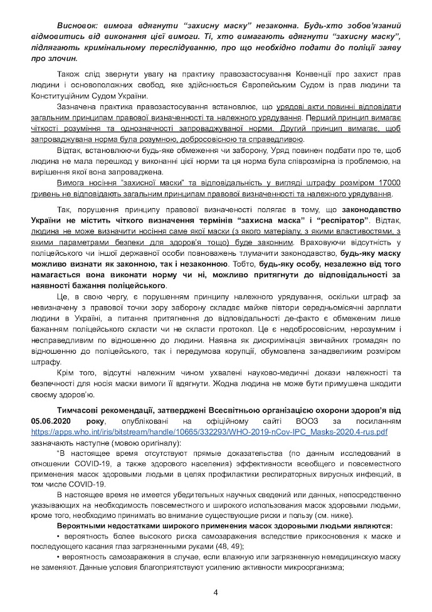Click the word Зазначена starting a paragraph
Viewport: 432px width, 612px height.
77,107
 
